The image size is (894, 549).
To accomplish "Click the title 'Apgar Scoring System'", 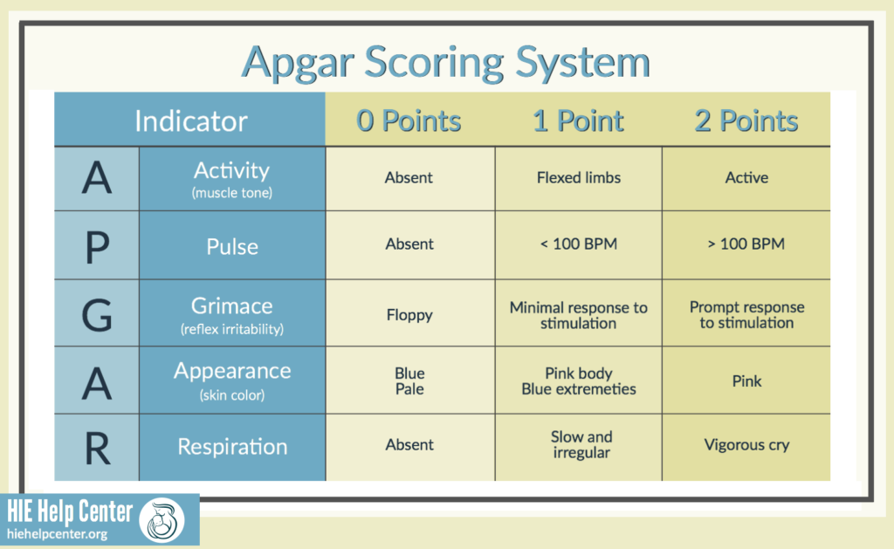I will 446,61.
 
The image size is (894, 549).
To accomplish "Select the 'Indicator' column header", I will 190,120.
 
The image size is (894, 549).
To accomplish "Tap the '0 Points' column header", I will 409,120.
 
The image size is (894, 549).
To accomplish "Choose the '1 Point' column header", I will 578,120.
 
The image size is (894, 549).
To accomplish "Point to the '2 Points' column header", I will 746,120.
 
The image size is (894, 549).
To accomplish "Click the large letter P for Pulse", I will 97,245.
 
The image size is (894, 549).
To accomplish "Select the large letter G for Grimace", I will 97,314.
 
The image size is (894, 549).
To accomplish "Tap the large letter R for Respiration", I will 97,447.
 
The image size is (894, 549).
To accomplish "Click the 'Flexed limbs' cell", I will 579,178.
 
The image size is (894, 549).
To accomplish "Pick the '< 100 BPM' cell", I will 579,244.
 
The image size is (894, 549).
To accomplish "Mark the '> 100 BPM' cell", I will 746,244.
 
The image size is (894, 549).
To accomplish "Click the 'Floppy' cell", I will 409,314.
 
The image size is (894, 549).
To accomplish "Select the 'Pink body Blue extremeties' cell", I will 579,381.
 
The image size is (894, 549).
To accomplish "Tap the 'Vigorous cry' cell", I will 746,445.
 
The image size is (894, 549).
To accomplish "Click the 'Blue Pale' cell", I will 409,381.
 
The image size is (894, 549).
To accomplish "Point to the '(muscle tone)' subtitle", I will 231,193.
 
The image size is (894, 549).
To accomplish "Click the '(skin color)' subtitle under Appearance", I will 231,395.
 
